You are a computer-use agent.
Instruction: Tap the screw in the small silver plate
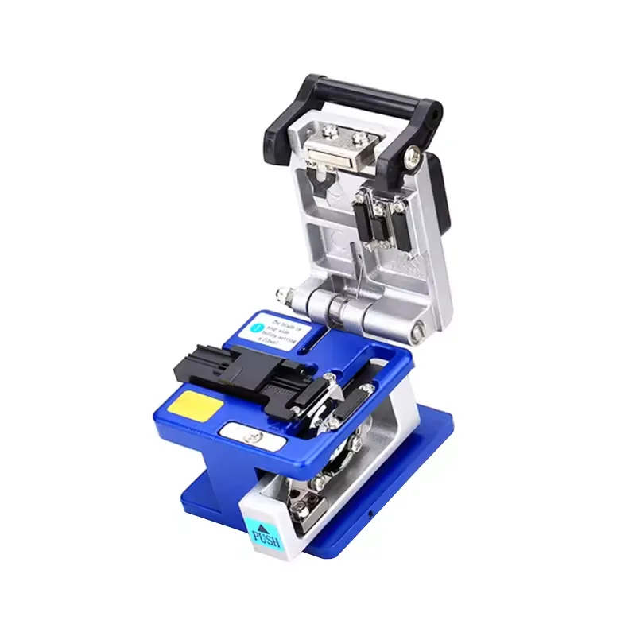click(254, 433)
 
